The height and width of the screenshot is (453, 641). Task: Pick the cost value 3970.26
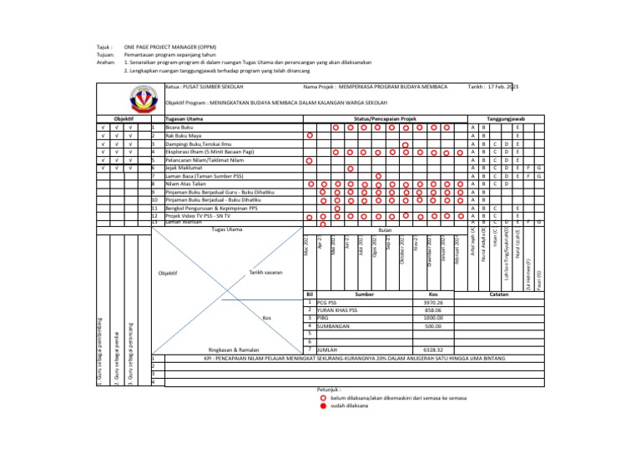coord(433,303)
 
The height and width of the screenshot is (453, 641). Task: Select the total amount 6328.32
coord(433,350)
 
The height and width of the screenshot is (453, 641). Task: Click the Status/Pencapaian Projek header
coord(385,119)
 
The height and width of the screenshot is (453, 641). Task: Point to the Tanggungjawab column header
coord(506,119)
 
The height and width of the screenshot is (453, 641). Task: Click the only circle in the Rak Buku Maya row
coord(309,136)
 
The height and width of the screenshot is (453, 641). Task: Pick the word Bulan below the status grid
coord(385,229)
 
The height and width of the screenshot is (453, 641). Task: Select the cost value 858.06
coord(433,310)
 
